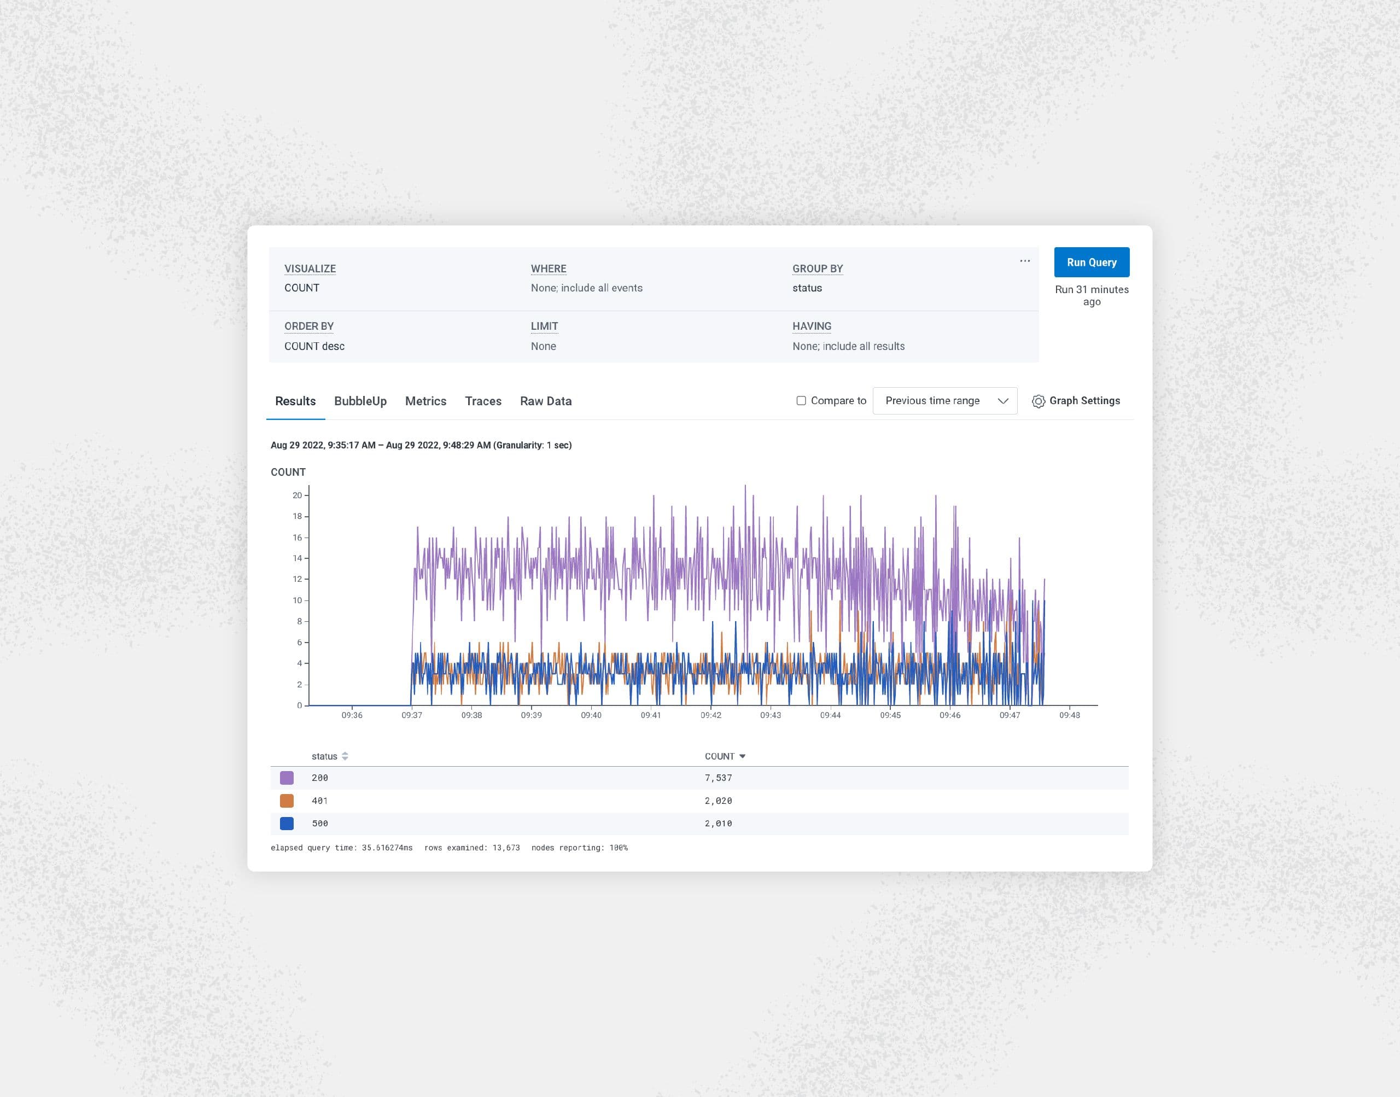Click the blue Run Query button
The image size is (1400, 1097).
coord(1091,262)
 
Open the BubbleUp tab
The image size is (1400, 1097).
coord(360,401)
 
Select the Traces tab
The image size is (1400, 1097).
coord(483,401)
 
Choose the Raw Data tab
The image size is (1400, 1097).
coord(545,401)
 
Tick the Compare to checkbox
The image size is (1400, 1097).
coord(801,401)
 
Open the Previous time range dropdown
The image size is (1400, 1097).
coord(944,401)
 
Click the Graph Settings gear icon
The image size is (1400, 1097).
coord(1038,401)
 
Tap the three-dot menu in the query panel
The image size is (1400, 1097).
coord(1024,261)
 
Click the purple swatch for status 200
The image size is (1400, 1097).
coord(287,778)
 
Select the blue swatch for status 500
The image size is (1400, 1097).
coord(287,824)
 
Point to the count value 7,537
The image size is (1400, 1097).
coord(718,778)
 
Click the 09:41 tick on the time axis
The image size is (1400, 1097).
coord(651,715)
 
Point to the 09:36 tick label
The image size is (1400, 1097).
coord(352,715)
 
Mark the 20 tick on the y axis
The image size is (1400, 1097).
coord(297,495)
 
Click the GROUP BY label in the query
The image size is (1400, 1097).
coord(818,269)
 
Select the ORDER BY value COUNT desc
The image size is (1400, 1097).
coord(314,346)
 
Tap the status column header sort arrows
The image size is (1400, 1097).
coord(345,756)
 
